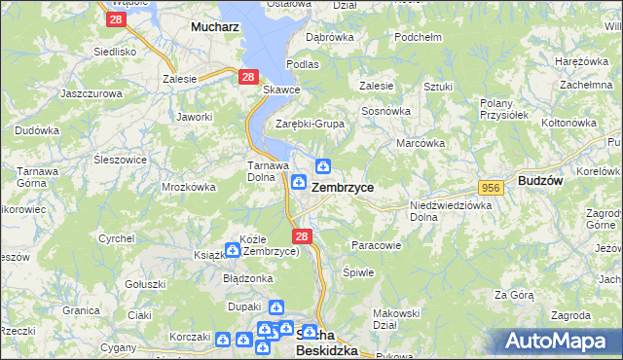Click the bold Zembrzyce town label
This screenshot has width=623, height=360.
coord(343,187)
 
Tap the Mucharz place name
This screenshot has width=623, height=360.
coord(215,28)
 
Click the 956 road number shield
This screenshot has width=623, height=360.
coord(490,187)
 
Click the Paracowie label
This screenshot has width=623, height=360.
coord(376,245)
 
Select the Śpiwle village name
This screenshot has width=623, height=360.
coord(359,272)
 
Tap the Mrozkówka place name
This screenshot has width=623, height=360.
coord(188,187)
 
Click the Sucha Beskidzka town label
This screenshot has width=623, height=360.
coord(326,342)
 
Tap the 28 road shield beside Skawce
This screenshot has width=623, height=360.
coord(248,77)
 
